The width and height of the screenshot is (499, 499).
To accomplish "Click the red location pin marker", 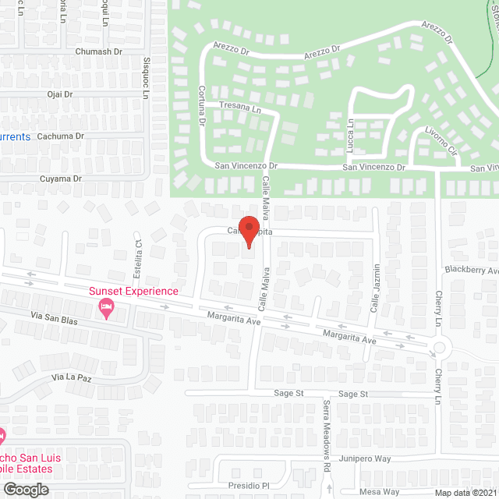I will (248, 232).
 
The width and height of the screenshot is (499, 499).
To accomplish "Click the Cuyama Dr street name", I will (61, 179).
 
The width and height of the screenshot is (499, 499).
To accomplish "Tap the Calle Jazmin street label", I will (375, 289).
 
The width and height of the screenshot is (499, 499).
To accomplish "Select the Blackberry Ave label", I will (471, 270).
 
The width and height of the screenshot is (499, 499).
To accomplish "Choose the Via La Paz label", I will (72, 377).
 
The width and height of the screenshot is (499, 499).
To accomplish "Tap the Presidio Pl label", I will (248, 486).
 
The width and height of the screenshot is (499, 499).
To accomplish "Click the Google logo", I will (25, 490).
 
